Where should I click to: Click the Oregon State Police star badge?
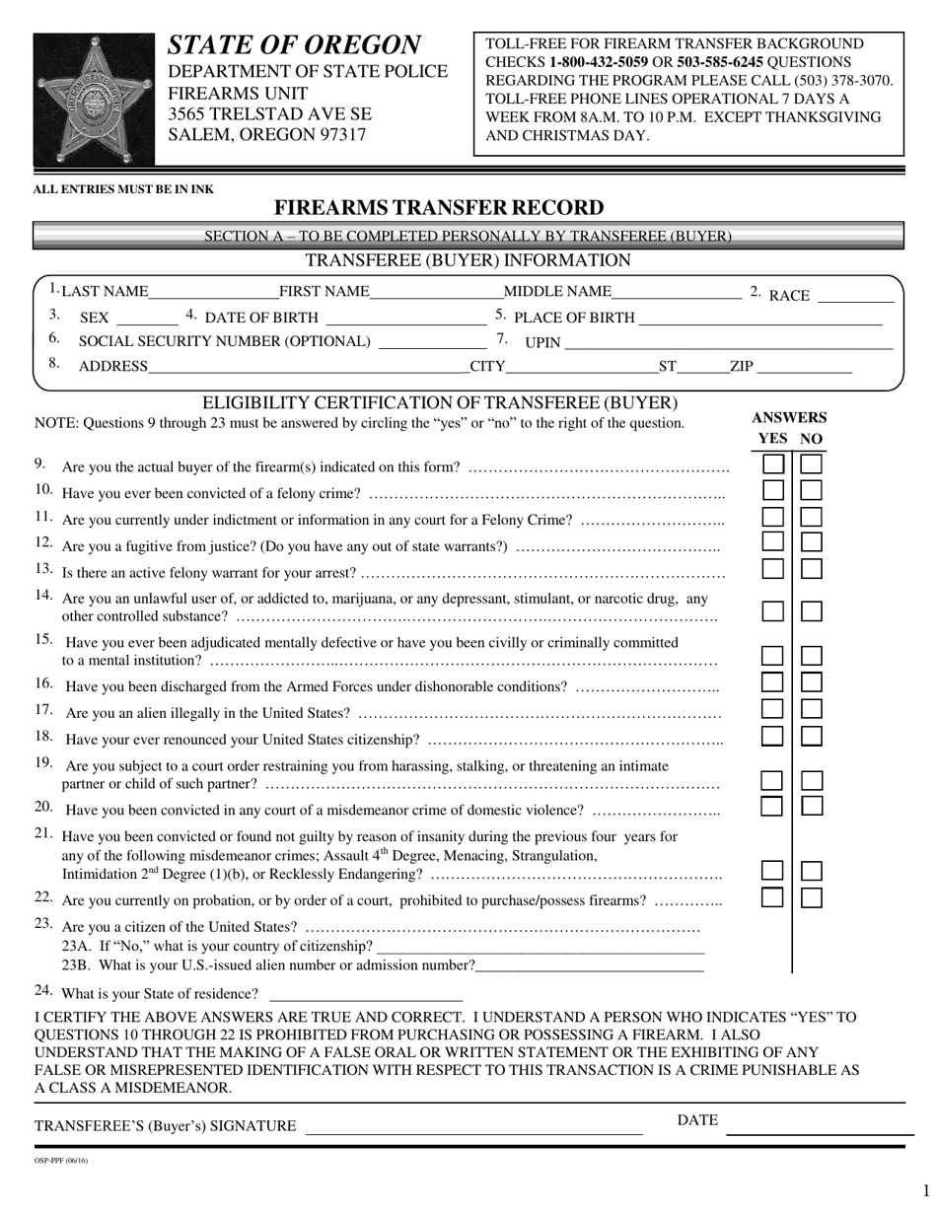pyautogui.click(x=95, y=100)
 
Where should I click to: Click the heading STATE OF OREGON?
pyautogui.click(x=294, y=45)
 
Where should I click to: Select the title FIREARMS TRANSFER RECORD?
pyautogui.click(x=438, y=208)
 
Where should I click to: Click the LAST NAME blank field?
pyautogui.click(x=213, y=292)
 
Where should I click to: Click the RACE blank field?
pyautogui.click(x=855, y=295)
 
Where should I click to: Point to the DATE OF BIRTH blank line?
pyautogui.click(x=405, y=319)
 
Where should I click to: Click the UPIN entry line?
pyautogui.click(x=727, y=343)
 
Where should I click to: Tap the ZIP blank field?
pyautogui.click(x=803, y=368)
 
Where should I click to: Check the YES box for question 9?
pyautogui.click(x=773, y=464)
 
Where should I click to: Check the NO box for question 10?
pyautogui.click(x=811, y=490)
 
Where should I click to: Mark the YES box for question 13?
pyautogui.click(x=773, y=569)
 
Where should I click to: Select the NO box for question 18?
pyautogui.click(x=811, y=736)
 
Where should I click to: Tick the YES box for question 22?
pyautogui.click(x=773, y=897)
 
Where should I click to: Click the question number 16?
pyautogui.click(x=44, y=683)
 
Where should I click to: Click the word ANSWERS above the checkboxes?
pyautogui.click(x=789, y=417)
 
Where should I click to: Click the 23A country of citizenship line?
pyautogui.click(x=541, y=948)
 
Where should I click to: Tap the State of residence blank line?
pyautogui.click(x=365, y=994)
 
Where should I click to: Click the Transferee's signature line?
pyautogui.click(x=473, y=1127)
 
